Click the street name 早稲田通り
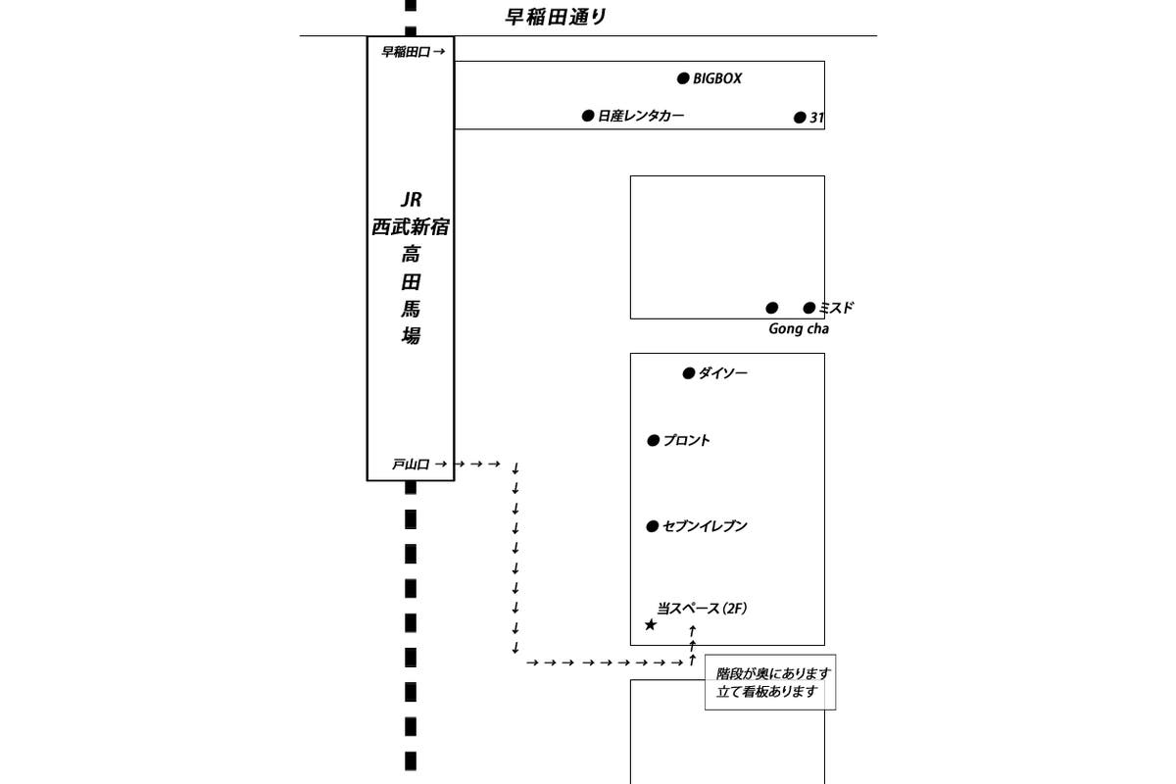pyautogui.click(x=556, y=17)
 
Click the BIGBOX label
pyautogui.click(x=717, y=78)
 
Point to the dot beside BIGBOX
pyautogui.click(x=683, y=78)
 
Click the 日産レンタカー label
pyautogui.click(x=641, y=116)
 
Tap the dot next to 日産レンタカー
pyautogui.click(x=588, y=116)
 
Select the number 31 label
pyautogui.click(x=816, y=118)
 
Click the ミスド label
pyautogui.click(x=836, y=308)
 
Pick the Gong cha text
pyautogui.click(x=799, y=329)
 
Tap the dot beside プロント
pyautogui.click(x=653, y=441)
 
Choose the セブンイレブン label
pyautogui.click(x=705, y=526)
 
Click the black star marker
pyautogui.click(x=650, y=624)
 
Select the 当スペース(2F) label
pyautogui.click(x=702, y=609)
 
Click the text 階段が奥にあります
pyautogui.click(x=773, y=674)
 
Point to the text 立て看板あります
pyautogui.click(x=766, y=692)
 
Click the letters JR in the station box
pyautogui.click(x=410, y=199)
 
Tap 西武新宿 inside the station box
pyautogui.click(x=410, y=227)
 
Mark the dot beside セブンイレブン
pyautogui.click(x=653, y=526)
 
